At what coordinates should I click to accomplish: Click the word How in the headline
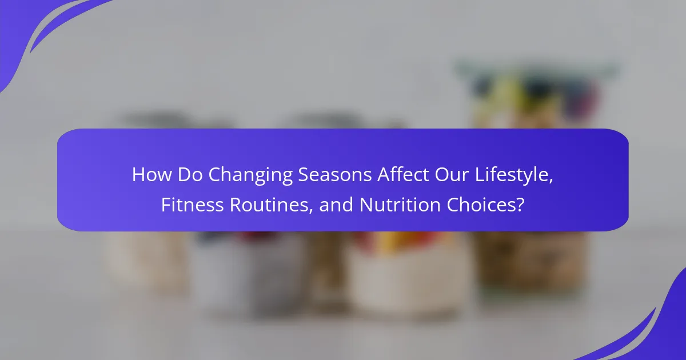pos(152,174)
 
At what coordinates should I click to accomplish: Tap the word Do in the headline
pos(190,174)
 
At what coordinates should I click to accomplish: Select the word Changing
pos(250,176)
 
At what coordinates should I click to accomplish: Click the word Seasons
pos(335,174)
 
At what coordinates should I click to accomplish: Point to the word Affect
pos(403,174)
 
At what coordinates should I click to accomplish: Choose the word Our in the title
pos(452,174)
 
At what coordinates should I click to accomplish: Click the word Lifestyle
pos(512,176)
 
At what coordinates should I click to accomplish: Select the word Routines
pos(269,205)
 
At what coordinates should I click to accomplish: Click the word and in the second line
pos(336,205)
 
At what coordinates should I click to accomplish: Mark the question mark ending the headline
pos(520,205)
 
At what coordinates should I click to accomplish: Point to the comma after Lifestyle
pos(551,181)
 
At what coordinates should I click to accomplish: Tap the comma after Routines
pos(311,211)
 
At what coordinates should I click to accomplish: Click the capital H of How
pos(138,174)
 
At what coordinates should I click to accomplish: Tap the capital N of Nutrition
pos(366,205)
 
